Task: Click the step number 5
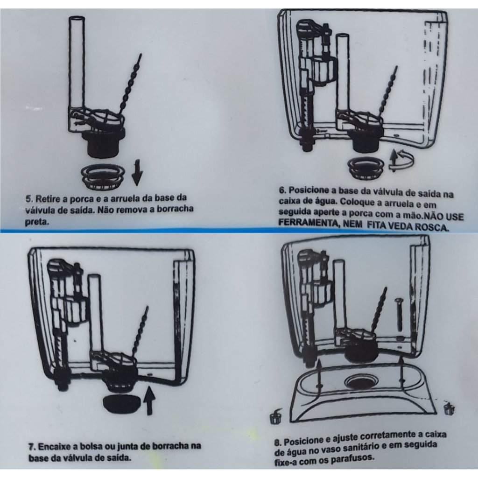pos(28,199)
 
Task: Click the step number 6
pos(282,190)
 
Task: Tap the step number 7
pos(32,447)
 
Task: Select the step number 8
pos(278,443)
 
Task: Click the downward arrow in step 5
pos(137,176)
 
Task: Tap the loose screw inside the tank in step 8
pos(399,315)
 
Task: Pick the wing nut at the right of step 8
pos(449,408)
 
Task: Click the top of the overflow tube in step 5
pos(77,19)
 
